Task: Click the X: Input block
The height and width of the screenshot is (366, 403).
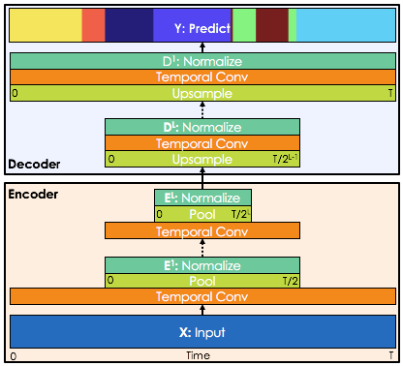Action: point(202,331)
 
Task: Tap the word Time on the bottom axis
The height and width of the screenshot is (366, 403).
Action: point(198,356)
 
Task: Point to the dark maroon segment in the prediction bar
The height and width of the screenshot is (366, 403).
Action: point(272,27)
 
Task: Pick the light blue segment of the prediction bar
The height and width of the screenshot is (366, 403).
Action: point(345,27)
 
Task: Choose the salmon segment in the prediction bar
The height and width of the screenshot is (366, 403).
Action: point(93,27)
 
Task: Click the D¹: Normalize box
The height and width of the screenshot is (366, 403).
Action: point(202,61)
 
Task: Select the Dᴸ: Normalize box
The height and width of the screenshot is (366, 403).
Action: point(202,127)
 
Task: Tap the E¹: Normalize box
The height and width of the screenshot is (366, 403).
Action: point(202,265)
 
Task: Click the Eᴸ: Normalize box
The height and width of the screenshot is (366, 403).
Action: point(202,198)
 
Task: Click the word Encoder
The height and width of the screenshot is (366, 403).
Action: point(33,195)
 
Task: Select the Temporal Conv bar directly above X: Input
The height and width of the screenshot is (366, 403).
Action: point(202,297)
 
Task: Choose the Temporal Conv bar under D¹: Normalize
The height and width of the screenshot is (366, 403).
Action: point(202,77)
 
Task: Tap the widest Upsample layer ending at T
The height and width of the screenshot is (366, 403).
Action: point(202,94)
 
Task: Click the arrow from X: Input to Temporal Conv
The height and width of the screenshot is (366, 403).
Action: point(202,310)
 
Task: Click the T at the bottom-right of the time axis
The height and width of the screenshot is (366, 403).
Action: point(390,356)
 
